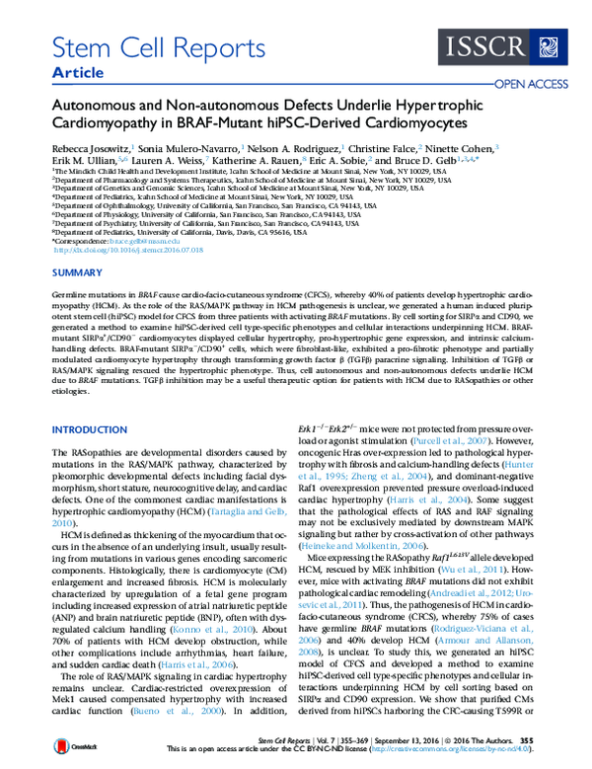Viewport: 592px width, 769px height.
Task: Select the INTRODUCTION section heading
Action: click(87, 429)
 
